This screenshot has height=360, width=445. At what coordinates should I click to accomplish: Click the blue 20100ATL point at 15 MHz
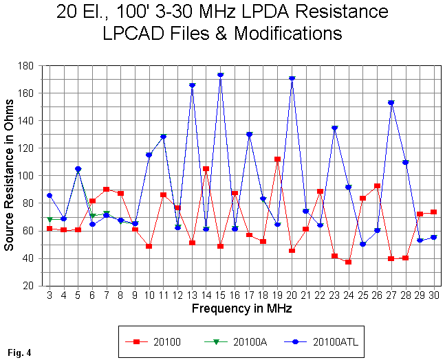click(220, 75)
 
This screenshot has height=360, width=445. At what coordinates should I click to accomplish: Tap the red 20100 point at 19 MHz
click(277, 159)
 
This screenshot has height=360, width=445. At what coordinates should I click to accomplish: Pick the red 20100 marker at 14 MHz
click(206, 168)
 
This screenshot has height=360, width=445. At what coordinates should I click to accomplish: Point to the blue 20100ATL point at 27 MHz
click(391, 103)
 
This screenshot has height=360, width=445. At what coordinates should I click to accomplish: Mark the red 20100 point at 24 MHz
click(349, 262)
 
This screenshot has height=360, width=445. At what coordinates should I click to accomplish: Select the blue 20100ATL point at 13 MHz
click(192, 85)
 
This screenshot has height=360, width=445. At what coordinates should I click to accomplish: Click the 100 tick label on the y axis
click(28, 176)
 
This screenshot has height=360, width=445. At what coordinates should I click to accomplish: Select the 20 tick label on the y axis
click(31, 286)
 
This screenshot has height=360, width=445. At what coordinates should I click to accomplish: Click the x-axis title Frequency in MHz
click(241, 308)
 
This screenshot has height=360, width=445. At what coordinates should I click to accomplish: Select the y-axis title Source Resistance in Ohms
click(9, 175)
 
